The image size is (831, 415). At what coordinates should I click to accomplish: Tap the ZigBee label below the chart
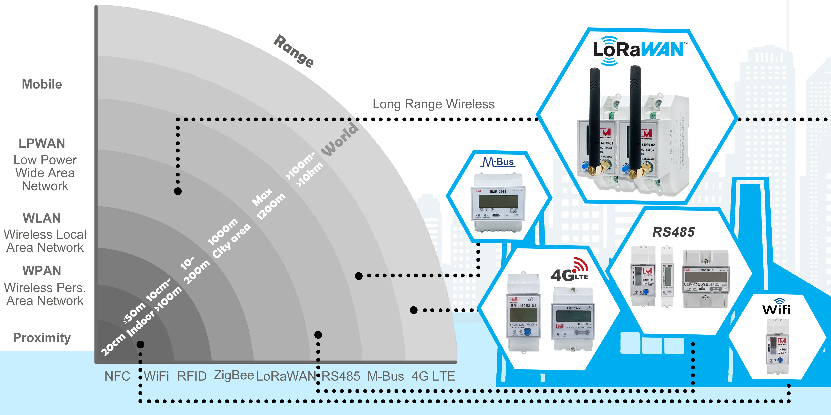234,375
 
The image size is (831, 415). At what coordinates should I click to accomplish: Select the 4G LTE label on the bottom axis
433,376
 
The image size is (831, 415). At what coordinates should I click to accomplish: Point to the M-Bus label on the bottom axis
385,376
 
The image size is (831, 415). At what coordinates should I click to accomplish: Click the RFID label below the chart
192,376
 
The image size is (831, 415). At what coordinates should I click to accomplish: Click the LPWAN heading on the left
42,143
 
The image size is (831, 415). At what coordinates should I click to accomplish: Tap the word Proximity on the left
42,338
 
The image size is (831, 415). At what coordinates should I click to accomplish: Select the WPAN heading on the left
42,271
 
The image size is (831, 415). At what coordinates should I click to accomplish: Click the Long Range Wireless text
433,104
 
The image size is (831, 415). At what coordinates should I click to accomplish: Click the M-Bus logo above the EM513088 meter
498,162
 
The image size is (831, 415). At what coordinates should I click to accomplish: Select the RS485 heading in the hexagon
674,232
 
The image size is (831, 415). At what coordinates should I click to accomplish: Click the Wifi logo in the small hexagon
776,308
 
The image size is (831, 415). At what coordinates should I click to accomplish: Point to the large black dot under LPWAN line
178,191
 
